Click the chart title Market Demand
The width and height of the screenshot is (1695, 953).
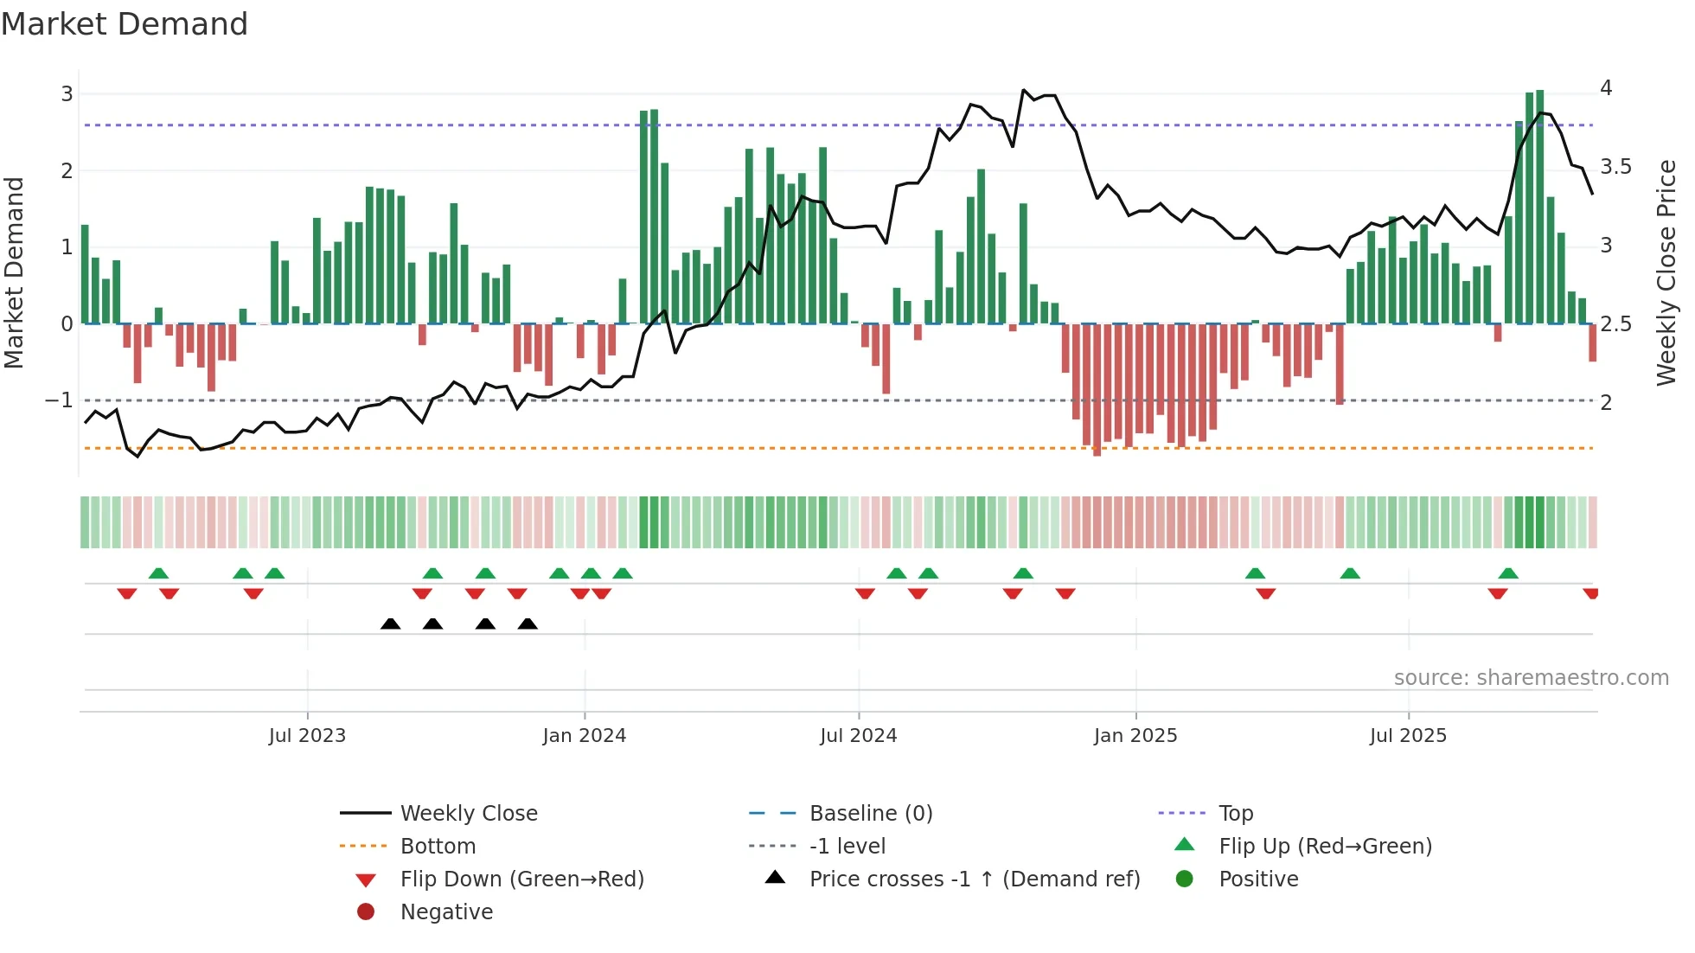(125, 24)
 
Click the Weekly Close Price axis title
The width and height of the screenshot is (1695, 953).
(1666, 272)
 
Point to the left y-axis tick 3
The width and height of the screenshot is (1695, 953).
(67, 93)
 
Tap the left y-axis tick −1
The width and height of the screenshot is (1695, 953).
(59, 400)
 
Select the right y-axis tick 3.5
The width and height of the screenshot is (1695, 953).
(1615, 166)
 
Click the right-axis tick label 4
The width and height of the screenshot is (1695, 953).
(1606, 87)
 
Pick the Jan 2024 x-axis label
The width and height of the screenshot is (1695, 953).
(584, 736)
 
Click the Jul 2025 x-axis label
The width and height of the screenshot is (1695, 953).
(1407, 736)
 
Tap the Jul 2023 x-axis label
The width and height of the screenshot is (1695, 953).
(307, 736)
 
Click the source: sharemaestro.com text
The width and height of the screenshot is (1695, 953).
(1531, 677)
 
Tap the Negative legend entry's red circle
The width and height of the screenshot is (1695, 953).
(366, 911)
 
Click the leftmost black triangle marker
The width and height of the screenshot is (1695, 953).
(391, 624)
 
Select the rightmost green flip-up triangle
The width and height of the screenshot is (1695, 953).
(1508, 573)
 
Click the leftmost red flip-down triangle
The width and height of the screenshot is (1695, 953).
(127, 593)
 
